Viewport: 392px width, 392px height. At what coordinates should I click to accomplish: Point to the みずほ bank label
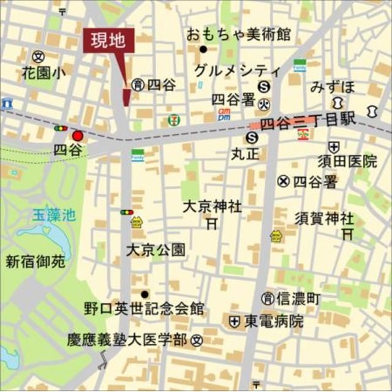(333, 86)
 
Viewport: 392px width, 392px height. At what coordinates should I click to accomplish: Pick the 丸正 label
(245, 154)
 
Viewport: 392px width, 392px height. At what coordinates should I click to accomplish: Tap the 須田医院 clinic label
(347, 162)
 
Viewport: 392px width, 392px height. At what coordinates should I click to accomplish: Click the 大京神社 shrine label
(213, 207)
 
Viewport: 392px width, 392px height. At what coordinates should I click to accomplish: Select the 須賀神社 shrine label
(324, 217)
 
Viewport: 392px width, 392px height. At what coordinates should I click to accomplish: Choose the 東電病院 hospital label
(274, 321)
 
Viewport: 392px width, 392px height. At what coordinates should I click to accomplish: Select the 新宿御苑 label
(36, 262)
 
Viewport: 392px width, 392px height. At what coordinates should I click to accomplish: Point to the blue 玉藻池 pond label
(53, 215)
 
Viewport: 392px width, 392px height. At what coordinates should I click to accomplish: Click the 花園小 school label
(43, 73)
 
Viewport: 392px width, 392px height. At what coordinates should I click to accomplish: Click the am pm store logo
(224, 114)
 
